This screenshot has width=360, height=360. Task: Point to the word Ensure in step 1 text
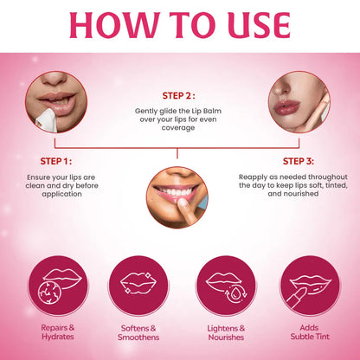pyautogui.click(x=40, y=177)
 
